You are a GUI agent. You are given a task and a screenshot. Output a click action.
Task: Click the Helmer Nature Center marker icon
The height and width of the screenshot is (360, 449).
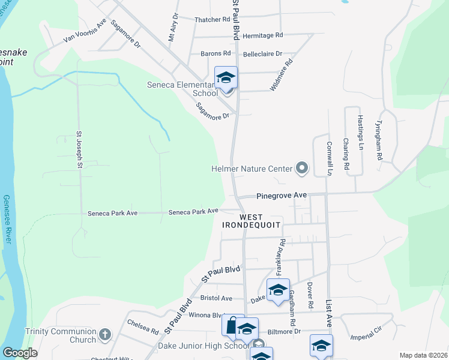point(302,169)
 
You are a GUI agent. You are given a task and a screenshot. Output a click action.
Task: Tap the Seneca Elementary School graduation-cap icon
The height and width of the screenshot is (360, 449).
point(226,78)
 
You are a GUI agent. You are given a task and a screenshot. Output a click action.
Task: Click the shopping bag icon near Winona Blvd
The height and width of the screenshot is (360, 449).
point(231,325)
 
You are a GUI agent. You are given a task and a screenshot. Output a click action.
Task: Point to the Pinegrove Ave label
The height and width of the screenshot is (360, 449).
point(282,196)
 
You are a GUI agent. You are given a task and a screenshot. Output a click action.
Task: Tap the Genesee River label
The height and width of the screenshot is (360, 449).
point(7,219)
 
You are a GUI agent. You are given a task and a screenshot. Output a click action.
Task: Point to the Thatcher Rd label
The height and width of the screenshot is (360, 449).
point(212,19)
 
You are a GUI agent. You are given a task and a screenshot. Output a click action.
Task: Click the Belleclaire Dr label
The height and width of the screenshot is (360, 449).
point(262,54)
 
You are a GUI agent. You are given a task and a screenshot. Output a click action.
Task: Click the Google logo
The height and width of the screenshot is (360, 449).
point(20,353)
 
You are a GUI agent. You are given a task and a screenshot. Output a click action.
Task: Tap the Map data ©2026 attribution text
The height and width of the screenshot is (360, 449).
point(423,355)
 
